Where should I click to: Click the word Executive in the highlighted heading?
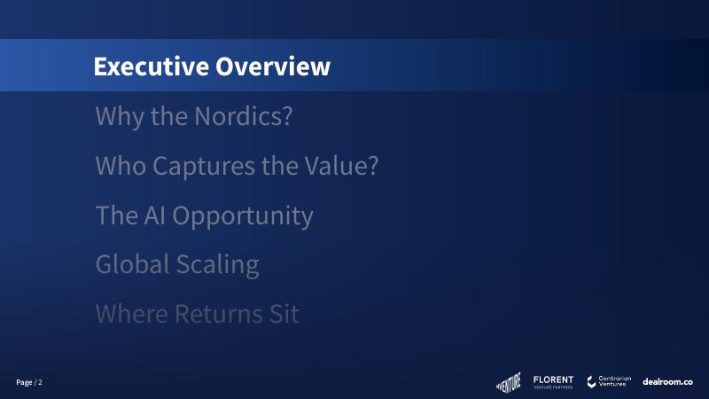click(x=151, y=66)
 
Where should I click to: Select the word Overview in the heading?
click(x=273, y=66)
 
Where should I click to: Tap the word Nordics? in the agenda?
click(x=243, y=116)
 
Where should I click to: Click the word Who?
click(x=121, y=165)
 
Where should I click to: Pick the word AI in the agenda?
click(x=154, y=215)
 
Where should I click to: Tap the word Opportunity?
click(x=243, y=215)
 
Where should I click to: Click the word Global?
click(x=132, y=263)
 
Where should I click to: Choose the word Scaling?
click(x=217, y=265)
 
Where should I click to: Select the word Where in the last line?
click(x=131, y=314)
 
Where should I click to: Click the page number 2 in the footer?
click(x=40, y=382)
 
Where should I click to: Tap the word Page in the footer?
click(x=24, y=383)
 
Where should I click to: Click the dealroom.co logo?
click(x=667, y=382)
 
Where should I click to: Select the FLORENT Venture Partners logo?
click(x=553, y=382)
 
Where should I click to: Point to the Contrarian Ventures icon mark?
click(x=591, y=382)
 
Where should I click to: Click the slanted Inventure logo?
click(x=509, y=382)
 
